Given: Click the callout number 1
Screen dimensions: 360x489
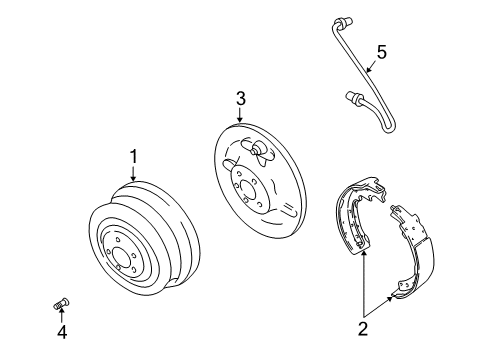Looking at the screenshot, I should click(132, 155).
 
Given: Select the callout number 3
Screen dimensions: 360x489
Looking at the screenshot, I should click(240, 98).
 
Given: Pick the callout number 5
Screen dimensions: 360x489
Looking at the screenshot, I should click(380, 51).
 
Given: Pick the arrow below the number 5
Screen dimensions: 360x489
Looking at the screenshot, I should click(370, 69).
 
